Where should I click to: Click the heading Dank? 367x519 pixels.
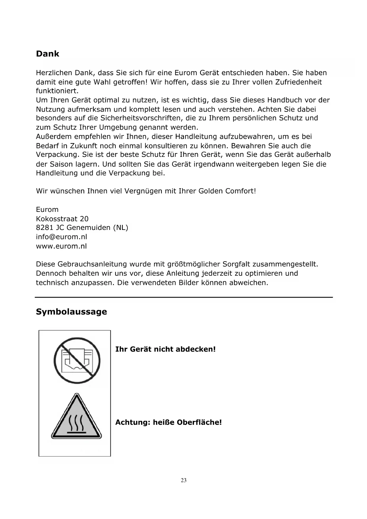[48, 54]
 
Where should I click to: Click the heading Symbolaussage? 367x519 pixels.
[71, 312]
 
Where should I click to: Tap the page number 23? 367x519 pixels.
[184, 481]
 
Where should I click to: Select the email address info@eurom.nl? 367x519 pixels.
[62, 237]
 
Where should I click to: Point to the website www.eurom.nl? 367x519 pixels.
[62, 246]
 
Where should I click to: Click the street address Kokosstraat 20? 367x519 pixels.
[62, 219]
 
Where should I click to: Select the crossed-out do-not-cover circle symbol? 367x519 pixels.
[77, 360]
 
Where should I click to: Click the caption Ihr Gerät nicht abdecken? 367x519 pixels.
[165, 349]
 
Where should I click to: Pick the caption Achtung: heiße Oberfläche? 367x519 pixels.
[168, 422]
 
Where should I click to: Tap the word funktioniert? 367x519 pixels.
[57, 91]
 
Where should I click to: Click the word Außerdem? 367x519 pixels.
[54, 137]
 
